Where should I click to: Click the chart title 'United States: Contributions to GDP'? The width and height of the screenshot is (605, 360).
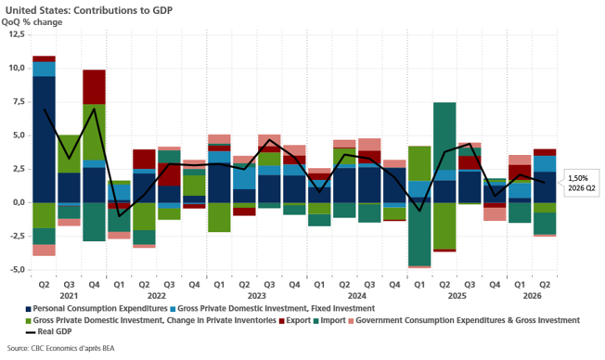(89, 10)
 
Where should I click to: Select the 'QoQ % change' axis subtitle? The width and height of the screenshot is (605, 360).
(32, 22)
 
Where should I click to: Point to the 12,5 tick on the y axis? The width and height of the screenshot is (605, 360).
(17, 34)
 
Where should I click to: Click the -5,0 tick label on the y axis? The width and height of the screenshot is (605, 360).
(16, 269)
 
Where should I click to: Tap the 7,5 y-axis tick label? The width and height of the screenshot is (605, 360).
(19, 101)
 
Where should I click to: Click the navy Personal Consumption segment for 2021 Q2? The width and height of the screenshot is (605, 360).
(44, 139)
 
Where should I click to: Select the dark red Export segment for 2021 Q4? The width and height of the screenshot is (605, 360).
(94, 87)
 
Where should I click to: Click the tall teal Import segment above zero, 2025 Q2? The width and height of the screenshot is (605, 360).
(444, 136)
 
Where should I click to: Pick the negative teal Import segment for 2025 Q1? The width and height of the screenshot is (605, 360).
(419, 234)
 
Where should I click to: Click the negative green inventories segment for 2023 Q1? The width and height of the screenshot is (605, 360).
(219, 217)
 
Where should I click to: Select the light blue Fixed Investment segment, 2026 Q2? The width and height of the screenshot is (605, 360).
(545, 164)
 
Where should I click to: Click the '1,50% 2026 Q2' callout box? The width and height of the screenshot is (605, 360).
(582, 183)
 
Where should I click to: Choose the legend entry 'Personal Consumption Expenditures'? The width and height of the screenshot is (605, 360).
(97, 309)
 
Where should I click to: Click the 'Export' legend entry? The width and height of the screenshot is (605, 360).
(295, 320)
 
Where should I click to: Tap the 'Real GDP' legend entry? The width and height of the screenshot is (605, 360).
(48, 331)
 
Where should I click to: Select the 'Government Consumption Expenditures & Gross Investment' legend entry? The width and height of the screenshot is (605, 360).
(464, 320)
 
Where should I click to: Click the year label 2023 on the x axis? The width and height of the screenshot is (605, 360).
(257, 296)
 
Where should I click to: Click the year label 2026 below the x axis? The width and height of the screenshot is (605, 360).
(532, 296)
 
